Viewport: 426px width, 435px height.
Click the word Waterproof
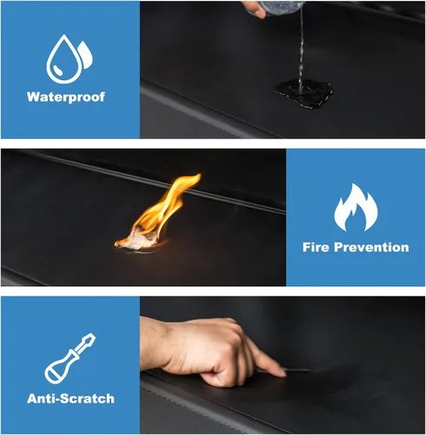(66, 97)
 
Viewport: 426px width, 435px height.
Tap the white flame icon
(356, 207)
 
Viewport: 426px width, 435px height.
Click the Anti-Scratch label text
(70, 398)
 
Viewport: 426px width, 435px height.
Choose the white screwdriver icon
(70, 358)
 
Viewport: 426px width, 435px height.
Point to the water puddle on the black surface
(304, 93)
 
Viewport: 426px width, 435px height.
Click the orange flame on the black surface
(163, 209)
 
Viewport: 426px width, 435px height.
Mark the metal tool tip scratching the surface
(298, 370)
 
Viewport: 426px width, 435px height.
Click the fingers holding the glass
(254, 8)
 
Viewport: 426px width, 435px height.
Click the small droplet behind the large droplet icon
(86, 55)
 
